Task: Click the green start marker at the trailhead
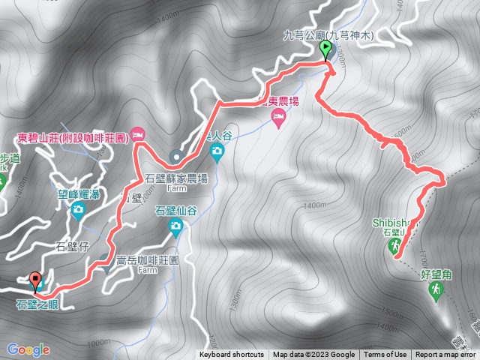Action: (x=325, y=50)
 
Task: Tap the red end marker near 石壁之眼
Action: (x=35, y=281)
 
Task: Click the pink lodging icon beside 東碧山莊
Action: (x=138, y=134)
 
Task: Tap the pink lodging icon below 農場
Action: (x=278, y=116)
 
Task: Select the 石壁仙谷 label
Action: (x=175, y=211)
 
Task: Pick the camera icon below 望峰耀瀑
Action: (x=77, y=210)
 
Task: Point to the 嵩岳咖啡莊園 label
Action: (x=147, y=260)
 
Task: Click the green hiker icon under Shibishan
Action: (x=395, y=241)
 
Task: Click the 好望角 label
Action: (x=436, y=274)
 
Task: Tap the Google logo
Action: (x=28, y=349)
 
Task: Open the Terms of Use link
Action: (x=387, y=355)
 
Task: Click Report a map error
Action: (x=445, y=355)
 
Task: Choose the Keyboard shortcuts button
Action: (x=232, y=355)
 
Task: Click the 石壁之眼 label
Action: (x=36, y=304)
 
